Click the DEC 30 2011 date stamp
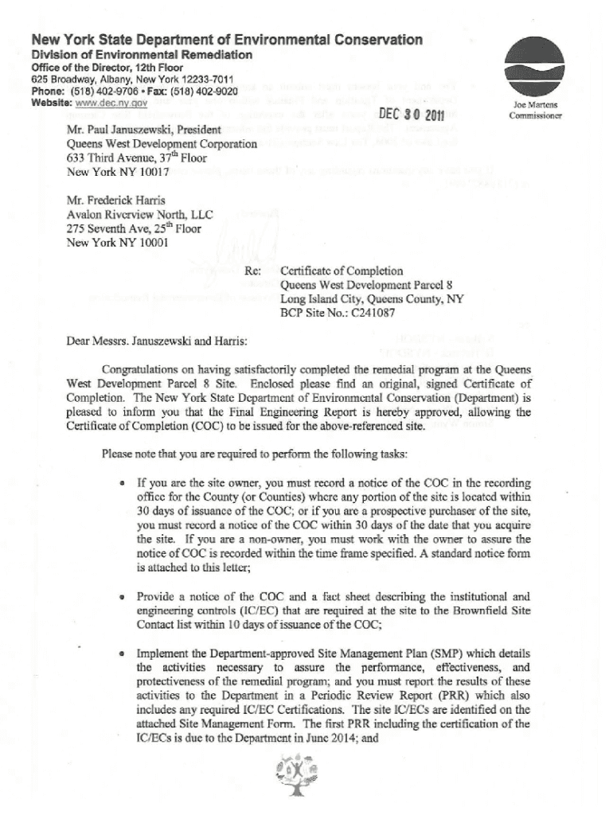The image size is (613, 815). (412, 114)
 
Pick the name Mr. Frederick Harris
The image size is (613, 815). (115, 201)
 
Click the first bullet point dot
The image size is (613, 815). (120, 484)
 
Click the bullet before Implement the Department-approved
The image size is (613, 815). (120, 654)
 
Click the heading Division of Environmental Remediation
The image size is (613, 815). (141, 55)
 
